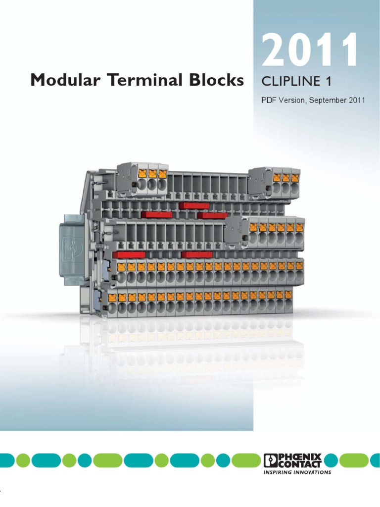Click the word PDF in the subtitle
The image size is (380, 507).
[x=268, y=100]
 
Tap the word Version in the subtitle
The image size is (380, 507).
[x=292, y=100]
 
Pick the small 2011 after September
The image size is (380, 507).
[x=357, y=100]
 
